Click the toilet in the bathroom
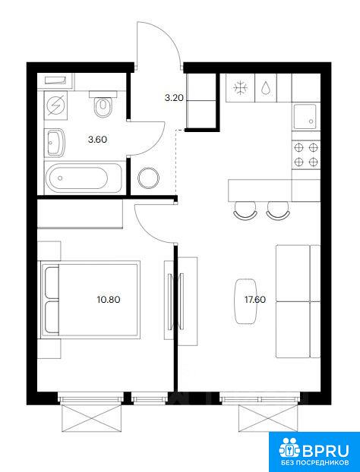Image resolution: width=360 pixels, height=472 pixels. click(103, 105)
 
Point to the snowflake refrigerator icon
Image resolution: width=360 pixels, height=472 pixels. click(241, 88)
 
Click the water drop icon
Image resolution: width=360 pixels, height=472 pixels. click(266, 88)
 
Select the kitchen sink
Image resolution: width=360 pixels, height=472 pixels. click(305, 116)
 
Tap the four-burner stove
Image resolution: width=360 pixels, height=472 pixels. click(306, 155)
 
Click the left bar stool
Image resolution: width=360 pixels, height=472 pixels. click(245, 209)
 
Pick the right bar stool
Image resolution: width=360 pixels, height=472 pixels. click(278, 209)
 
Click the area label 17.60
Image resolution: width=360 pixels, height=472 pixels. click(255, 300)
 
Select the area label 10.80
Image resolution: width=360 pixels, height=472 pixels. click(109, 300)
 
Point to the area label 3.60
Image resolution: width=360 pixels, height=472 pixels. click(98, 140)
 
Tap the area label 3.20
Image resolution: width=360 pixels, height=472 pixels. click(174, 98)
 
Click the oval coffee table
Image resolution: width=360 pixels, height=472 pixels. click(245, 301)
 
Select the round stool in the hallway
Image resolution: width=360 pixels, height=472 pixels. click(149, 178)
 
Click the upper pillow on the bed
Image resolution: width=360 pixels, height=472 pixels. click(52, 282)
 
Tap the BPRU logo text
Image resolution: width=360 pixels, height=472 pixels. click(326, 451)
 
